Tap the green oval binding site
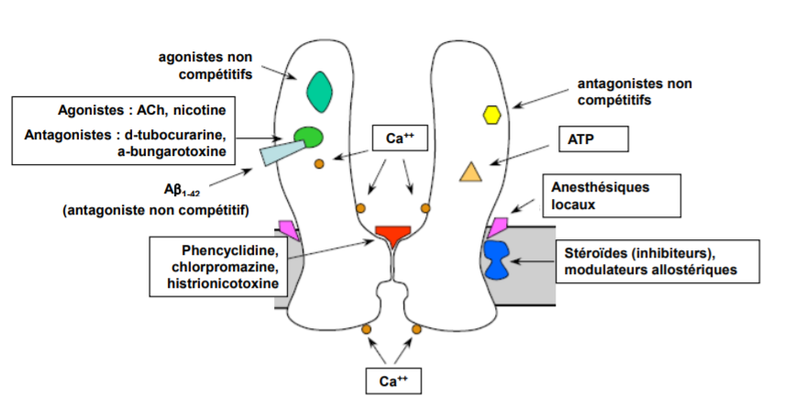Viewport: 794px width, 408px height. pos(308,138)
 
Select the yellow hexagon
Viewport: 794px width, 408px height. pos(492,115)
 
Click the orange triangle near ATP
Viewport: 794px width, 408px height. pos(470,171)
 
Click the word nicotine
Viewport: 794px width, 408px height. pos(195,110)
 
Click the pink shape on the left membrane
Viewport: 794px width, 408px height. pos(290,226)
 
